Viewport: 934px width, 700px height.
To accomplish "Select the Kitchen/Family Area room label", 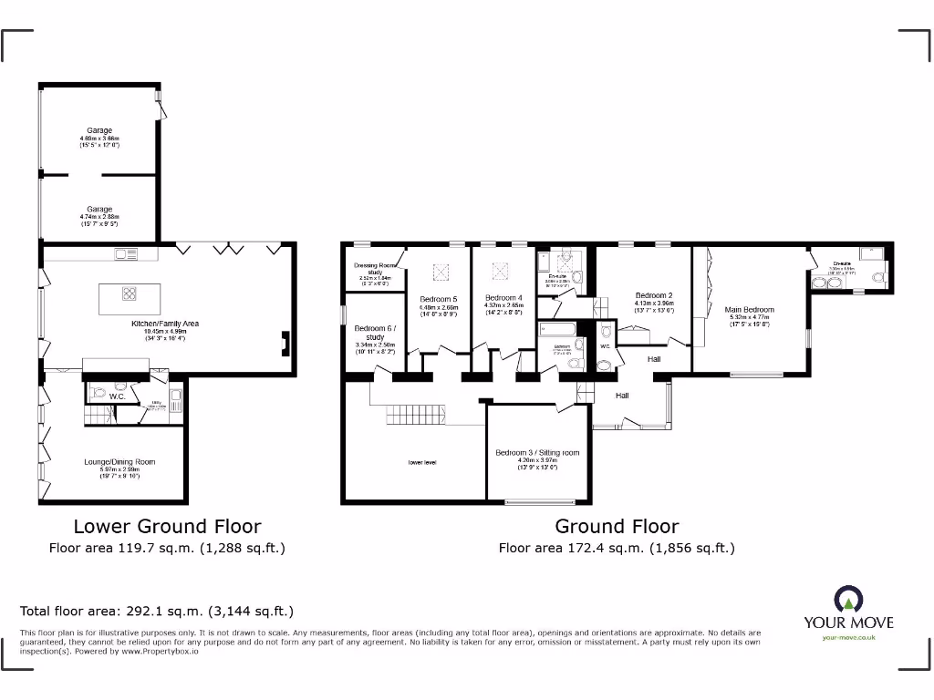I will click(x=164, y=324).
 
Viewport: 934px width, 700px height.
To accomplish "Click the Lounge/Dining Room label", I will click(x=119, y=462).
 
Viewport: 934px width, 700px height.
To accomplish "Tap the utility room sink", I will click(x=175, y=397).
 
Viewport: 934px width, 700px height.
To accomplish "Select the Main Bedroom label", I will click(x=749, y=310).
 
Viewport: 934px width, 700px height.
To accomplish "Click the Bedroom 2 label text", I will click(x=654, y=295).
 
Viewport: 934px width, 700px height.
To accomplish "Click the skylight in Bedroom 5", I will click(x=439, y=271).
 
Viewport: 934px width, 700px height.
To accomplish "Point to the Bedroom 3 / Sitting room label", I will click(x=537, y=452).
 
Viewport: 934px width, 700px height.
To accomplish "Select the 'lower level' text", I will click(x=422, y=462).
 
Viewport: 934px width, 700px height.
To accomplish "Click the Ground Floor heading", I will click(x=617, y=526).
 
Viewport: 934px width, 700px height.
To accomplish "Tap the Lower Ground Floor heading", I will click(x=167, y=526).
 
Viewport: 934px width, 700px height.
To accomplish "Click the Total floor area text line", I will click(x=157, y=612).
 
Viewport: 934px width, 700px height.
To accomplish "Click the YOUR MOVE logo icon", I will click(x=848, y=599).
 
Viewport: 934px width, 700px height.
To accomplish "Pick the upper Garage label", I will click(x=99, y=131).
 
